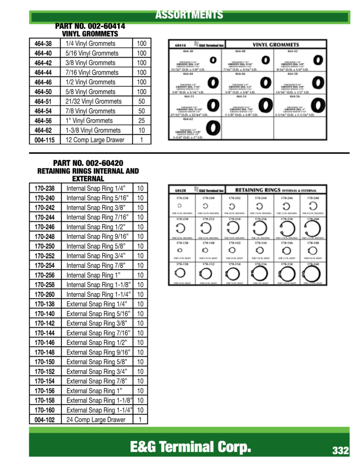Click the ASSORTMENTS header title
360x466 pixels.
coord(189,15)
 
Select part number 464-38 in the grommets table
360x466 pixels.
coord(43,44)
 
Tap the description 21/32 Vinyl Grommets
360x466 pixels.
coord(93,101)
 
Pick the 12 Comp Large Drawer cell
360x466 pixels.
coord(95,140)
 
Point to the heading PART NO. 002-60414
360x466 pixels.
coord(90,26)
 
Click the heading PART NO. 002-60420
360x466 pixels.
coord(88,163)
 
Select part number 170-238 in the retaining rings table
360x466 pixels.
coord(45,188)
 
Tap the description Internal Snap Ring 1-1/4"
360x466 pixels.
coord(98,294)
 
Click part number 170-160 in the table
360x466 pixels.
coord(45,410)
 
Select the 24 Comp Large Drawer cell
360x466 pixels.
coord(96,420)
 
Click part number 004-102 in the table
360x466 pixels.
coord(45,420)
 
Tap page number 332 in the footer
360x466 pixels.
coord(340,451)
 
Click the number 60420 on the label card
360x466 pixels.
coord(178,191)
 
